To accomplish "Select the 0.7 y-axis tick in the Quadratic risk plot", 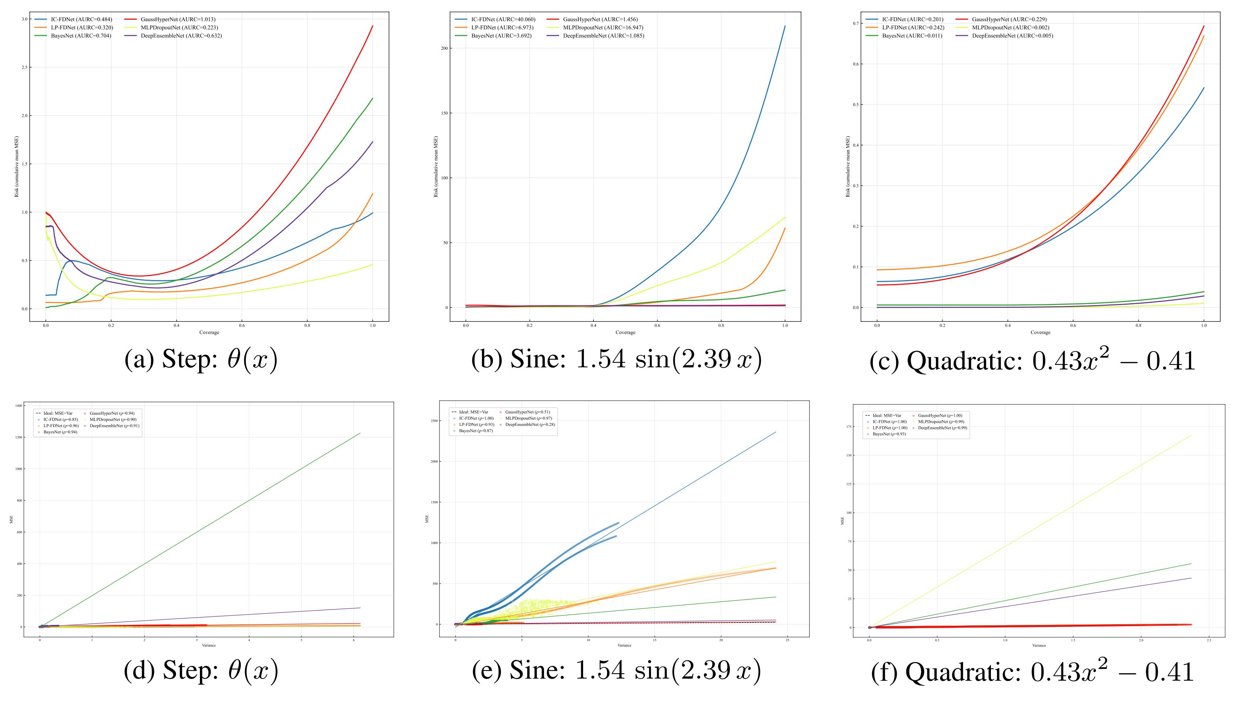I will tap(856, 24).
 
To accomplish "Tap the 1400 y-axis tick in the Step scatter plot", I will tap(19, 406).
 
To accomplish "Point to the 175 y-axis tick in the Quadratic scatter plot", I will tap(849, 427).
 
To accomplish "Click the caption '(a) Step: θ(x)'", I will tap(201, 360).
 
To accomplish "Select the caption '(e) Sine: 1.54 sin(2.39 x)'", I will tap(616, 671).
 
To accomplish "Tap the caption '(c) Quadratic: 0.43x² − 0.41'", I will tap(1032, 361).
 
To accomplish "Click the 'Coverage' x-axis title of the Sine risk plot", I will tap(625, 333).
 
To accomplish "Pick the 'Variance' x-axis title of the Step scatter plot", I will tap(208, 645).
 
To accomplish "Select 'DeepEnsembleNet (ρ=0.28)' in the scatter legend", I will tap(530, 424).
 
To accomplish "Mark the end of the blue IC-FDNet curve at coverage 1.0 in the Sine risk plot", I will tap(785, 26).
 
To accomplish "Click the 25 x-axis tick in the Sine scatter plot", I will tap(788, 640).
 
